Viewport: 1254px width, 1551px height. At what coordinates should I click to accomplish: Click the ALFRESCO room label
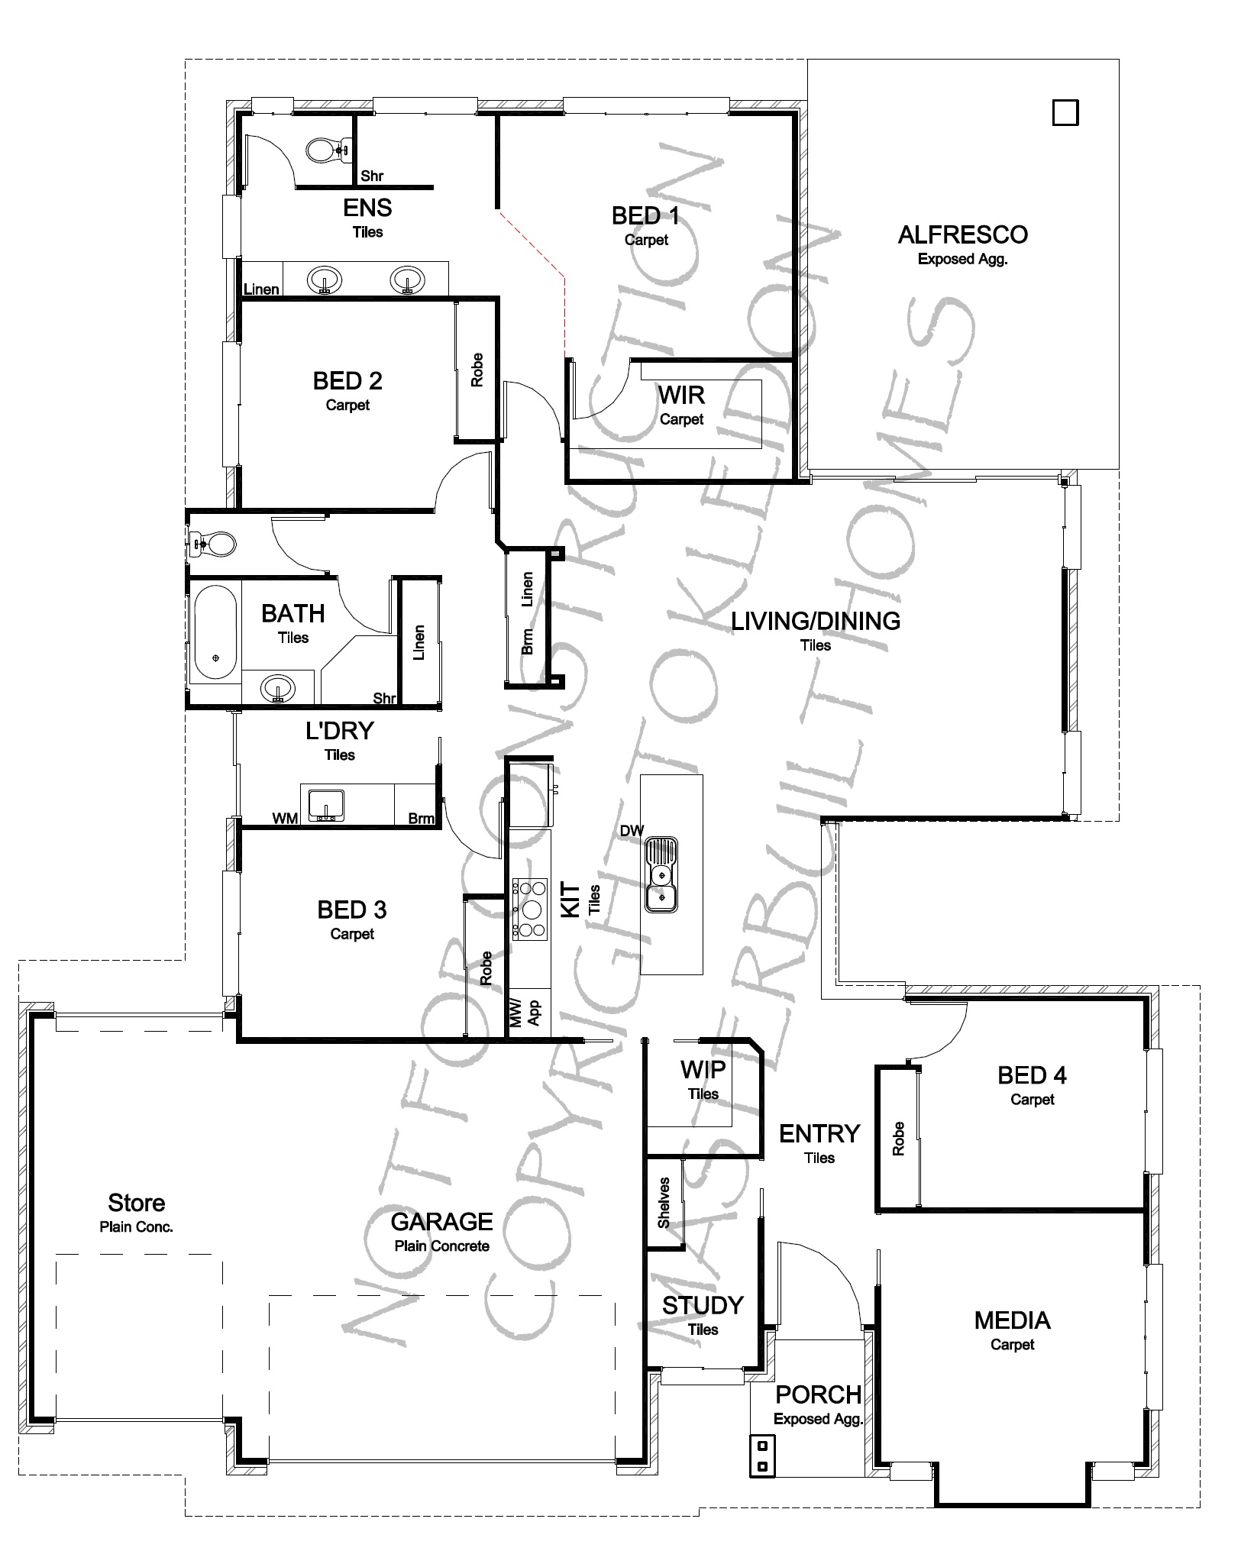(x=962, y=234)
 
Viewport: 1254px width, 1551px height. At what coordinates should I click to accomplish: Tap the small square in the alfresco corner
(x=1065, y=113)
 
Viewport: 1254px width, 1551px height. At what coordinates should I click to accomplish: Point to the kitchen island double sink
(x=661, y=875)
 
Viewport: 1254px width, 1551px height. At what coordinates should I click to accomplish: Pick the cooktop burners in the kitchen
(x=529, y=909)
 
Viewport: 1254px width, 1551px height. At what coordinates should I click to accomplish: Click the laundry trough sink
(x=327, y=805)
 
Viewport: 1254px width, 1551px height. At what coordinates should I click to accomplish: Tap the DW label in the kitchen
(x=632, y=831)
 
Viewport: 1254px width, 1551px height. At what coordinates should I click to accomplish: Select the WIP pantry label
(x=703, y=1069)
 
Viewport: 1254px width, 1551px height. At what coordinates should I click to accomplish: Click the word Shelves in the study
(x=664, y=1203)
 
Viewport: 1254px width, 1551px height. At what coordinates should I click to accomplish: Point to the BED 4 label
(x=1032, y=1075)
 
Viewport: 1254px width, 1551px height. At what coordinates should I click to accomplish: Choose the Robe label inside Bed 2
(x=477, y=370)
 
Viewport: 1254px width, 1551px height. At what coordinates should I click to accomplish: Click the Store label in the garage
(x=137, y=1203)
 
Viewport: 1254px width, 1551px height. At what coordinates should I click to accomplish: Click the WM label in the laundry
(x=286, y=819)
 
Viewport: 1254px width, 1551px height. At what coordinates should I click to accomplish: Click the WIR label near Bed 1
(x=681, y=395)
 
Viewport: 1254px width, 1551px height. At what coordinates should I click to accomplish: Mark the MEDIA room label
(x=1012, y=1320)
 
